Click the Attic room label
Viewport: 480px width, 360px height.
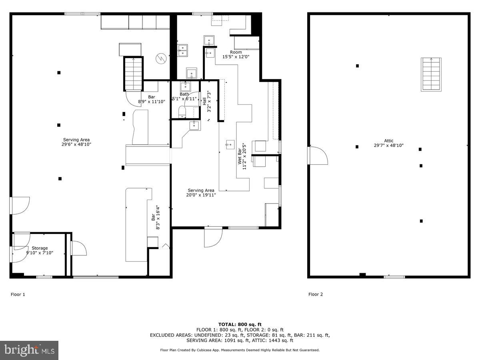388,141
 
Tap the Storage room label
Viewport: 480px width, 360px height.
40,248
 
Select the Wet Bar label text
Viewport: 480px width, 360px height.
240,156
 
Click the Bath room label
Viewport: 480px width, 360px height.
184,94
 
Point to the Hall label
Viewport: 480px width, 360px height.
204,101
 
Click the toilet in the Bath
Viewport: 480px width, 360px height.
182,112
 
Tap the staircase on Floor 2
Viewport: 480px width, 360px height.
431,74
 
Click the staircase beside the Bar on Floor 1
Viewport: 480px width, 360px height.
133,74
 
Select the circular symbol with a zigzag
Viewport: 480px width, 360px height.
161,58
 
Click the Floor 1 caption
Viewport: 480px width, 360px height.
18,294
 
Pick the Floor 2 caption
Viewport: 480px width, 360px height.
316,294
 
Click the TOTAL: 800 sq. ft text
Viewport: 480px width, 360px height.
240,324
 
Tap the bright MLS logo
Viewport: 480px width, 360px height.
29,350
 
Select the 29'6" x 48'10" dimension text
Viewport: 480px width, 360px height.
76,144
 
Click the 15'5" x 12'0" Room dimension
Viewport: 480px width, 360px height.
236,57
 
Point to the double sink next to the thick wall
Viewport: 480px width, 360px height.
182,50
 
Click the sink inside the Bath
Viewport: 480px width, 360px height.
186,87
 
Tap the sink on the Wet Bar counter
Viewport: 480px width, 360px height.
230,144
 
